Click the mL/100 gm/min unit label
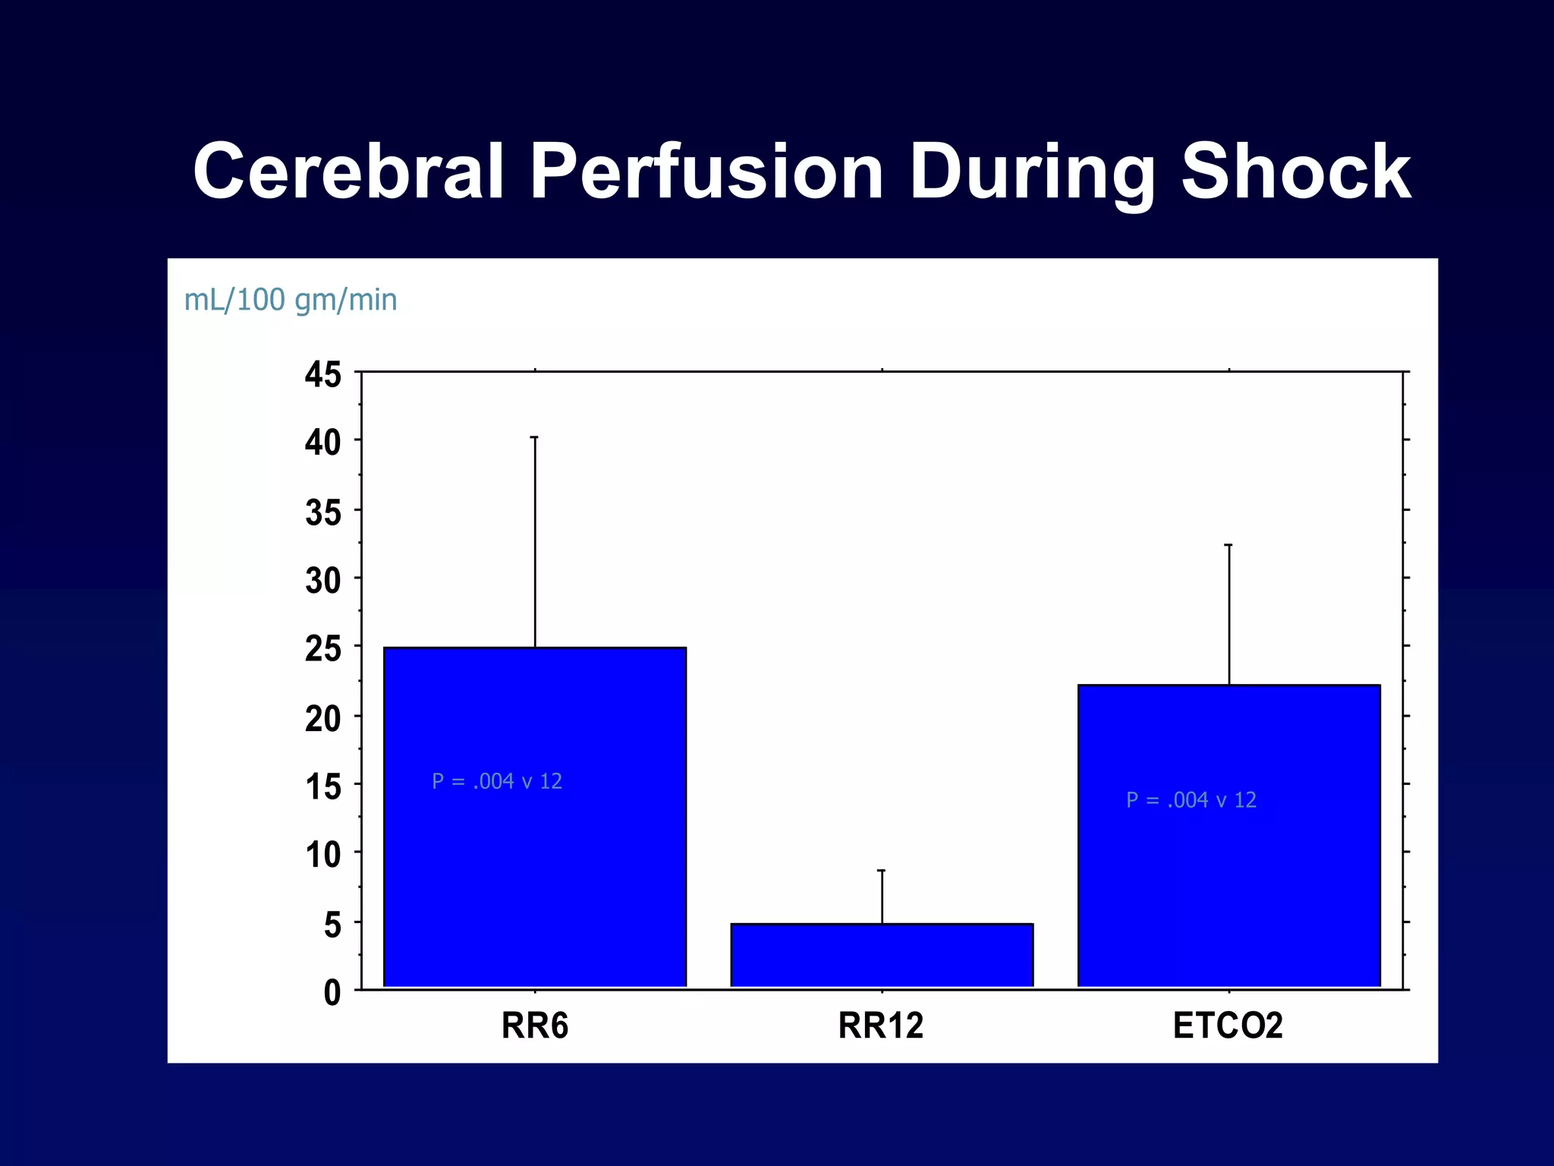pos(291,300)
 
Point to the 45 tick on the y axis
pos(323,375)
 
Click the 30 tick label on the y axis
pos(323,581)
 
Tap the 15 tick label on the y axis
pos(323,787)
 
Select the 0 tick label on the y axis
pos(332,993)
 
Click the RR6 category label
pos(534,1026)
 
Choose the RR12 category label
pos(880,1026)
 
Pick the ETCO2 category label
pos(1227,1026)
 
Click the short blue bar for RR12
pos(882,955)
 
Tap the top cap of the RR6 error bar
pos(534,437)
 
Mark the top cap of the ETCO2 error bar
pos(1228,545)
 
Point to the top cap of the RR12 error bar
pos(882,871)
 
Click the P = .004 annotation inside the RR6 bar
pos(497,781)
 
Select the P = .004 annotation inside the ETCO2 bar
pos(1191,800)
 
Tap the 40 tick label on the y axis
pos(323,443)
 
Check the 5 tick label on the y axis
pos(332,925)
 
